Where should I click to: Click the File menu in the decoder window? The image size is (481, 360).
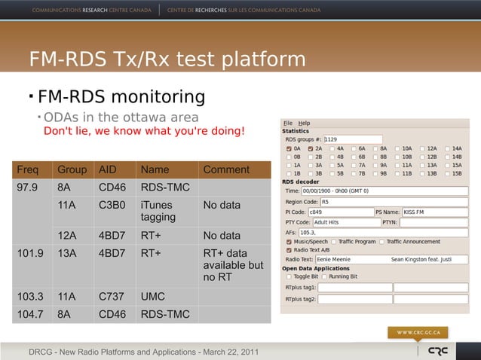(287, 123)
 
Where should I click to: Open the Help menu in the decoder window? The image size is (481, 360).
(303, 123)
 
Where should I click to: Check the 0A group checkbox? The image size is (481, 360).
(288, 148)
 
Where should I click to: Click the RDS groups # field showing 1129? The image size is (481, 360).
(352, 139)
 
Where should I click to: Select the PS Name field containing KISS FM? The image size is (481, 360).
(434, 212)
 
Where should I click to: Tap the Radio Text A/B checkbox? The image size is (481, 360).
(288, 249)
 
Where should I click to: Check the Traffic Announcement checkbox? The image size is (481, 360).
(382, 241)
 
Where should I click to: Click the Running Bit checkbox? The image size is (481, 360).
(324, 276)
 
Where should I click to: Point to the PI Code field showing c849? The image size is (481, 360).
(345, 212)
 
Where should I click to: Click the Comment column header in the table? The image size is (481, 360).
(226, 169)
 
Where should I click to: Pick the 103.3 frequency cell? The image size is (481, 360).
(31, 297)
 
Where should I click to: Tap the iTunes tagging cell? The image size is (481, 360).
(156, 211)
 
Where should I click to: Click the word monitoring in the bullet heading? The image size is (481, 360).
(158, 96)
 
